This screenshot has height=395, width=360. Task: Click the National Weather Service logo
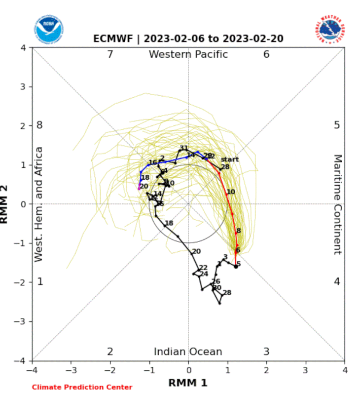328,30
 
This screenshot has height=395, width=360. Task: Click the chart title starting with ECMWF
189,39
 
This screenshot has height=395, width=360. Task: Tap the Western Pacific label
188,54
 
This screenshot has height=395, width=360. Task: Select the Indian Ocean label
188,352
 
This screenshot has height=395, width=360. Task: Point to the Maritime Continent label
338,204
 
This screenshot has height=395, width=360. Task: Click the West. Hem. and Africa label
39,204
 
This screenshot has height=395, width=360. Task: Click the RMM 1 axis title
188,382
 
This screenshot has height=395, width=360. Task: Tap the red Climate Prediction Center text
82,387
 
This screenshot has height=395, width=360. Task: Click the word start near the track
229,159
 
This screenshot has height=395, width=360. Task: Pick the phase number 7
110,54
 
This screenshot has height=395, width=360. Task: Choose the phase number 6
266,54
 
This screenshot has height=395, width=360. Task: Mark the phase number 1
40,281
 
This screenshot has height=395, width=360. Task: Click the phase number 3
266,352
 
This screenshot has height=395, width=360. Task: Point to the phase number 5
337,125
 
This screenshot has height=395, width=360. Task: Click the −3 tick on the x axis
72,368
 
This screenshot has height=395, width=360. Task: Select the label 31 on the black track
183,148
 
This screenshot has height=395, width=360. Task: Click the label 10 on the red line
231,192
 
